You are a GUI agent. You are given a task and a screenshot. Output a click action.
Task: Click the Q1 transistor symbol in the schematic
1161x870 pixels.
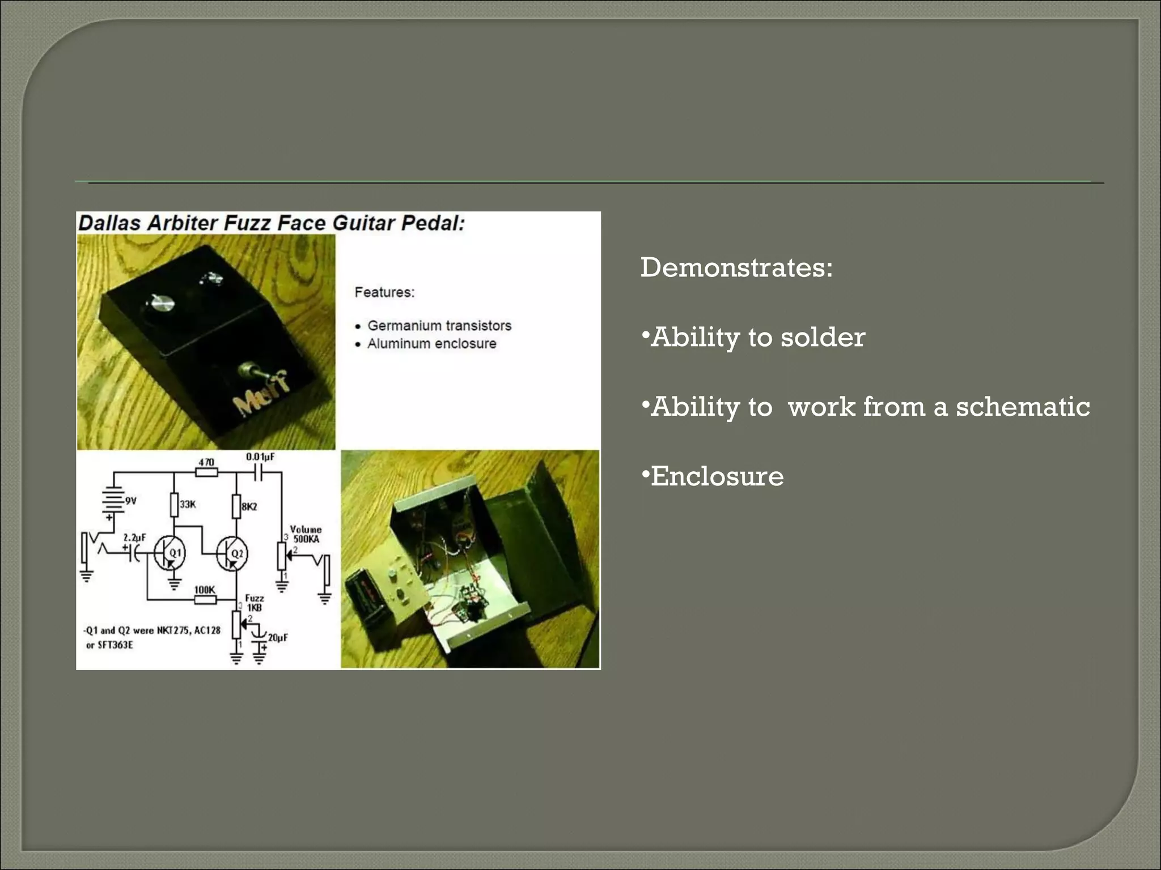coord(170,553)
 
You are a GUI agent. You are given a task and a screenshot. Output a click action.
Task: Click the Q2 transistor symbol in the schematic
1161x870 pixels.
coord(232,553)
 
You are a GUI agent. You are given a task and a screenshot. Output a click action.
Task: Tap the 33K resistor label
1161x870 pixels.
coord(188,504)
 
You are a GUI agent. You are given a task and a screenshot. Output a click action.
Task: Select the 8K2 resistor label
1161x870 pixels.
coord(249,506)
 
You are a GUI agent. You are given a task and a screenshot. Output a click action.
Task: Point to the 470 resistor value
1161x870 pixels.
coord(206,462)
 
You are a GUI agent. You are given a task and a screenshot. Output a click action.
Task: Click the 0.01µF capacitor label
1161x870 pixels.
coord(260,457)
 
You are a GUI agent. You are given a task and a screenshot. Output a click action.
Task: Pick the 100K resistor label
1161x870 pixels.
coord(205,590)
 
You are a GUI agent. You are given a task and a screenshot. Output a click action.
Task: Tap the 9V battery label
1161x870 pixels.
coord(130,501)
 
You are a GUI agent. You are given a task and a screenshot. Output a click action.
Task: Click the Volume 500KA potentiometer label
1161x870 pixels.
coord(306,534)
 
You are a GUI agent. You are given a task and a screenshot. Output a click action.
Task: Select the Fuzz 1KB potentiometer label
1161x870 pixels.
coord(254,603)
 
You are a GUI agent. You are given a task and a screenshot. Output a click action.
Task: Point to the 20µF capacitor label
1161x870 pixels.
coord(278,637)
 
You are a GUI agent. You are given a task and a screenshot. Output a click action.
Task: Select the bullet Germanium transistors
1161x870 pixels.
coord(439,326)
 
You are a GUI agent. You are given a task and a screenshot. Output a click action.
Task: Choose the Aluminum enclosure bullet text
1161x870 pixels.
coord(431,344)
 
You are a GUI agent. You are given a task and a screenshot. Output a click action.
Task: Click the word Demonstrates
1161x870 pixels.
coord(736,267)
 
